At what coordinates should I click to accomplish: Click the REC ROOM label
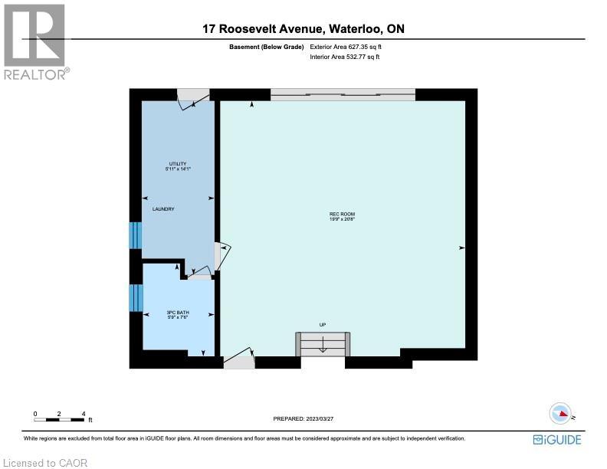(x=342, y=214)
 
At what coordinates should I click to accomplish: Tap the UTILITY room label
(x=178, y=163)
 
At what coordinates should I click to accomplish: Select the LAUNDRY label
(x=163, y=209)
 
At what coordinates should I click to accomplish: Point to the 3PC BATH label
(x=178, y=312)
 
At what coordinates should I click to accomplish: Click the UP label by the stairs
(x=323, y=325)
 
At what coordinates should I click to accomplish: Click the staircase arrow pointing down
(x=323, y=346)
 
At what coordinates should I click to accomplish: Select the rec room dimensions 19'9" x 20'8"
(x=342, y=220)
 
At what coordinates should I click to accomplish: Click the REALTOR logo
(x=35, y=42)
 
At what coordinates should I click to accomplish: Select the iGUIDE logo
(x=557, y=439)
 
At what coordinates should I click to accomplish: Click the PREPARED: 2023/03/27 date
(x=305, y=418)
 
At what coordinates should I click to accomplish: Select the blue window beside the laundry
(x=135, y=235)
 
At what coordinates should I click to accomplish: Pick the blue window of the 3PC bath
(x=135, y=298)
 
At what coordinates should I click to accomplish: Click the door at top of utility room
(x=192, y=98)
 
